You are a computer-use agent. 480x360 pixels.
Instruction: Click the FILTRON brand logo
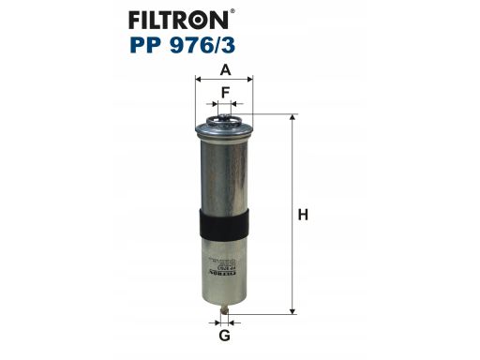[179, 20]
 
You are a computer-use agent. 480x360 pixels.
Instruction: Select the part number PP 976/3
[183, 45]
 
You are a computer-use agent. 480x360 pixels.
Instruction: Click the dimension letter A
[225, 69]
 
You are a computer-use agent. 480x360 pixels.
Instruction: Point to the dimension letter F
[226, 93]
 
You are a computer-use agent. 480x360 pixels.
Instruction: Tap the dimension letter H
[303, 215]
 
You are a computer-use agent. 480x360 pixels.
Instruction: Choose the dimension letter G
[225, 336]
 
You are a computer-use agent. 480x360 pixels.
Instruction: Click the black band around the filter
[224, 224]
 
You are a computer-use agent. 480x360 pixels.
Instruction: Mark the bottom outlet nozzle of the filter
[224, 309]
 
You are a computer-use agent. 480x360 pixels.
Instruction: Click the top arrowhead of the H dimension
[292, 117]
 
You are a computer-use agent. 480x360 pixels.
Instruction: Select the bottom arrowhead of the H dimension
[292, 311]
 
